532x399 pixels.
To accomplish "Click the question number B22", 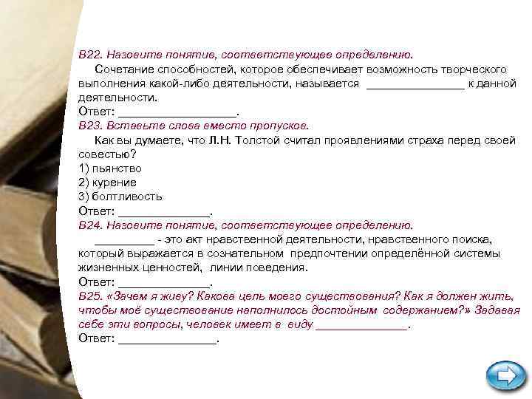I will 92,55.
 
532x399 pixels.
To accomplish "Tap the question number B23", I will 92,126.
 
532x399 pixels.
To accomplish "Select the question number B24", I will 92,225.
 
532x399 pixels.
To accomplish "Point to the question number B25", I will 92,296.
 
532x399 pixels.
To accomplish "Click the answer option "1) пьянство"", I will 110,168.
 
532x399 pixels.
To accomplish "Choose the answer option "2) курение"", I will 107,183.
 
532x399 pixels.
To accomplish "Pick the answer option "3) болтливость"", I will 120,197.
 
